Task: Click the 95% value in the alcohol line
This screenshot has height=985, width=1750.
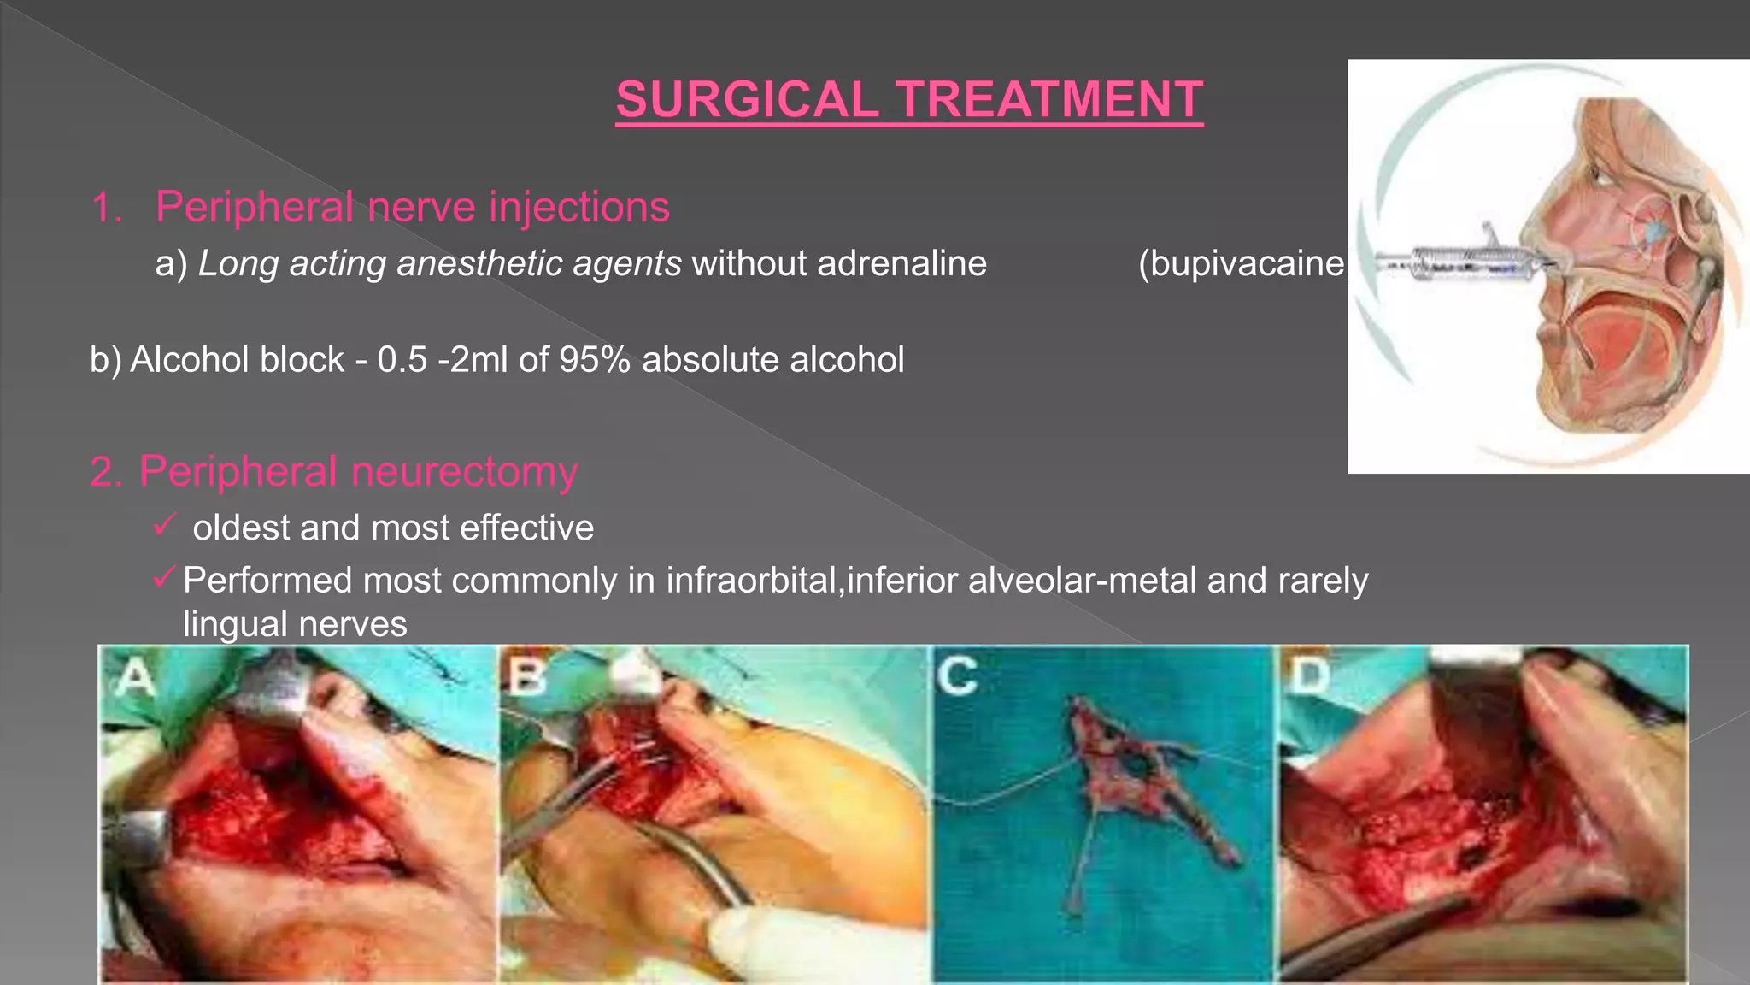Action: pyautogui.click(x=595, y=360)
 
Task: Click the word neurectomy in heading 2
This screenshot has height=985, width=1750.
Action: pyautogui.click(x=465, y=472)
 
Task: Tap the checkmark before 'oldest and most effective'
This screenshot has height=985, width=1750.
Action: pyautogui.click(x=164, y=523)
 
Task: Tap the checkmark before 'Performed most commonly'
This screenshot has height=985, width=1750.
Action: pyautogui.click(x=164, y=577)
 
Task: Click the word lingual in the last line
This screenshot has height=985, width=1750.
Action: pyautogui.click(x=236, y=624)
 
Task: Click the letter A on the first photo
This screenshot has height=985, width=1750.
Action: pyautogui.click(x=135, y=680)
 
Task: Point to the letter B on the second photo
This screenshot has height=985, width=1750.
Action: pyautogui.click(x=527, y=678)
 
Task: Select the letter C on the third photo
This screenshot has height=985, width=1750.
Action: pyautogui.click(x=956, y=676)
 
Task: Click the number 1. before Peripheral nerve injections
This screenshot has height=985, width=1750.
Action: pyautogui.click(x=107, y=208)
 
